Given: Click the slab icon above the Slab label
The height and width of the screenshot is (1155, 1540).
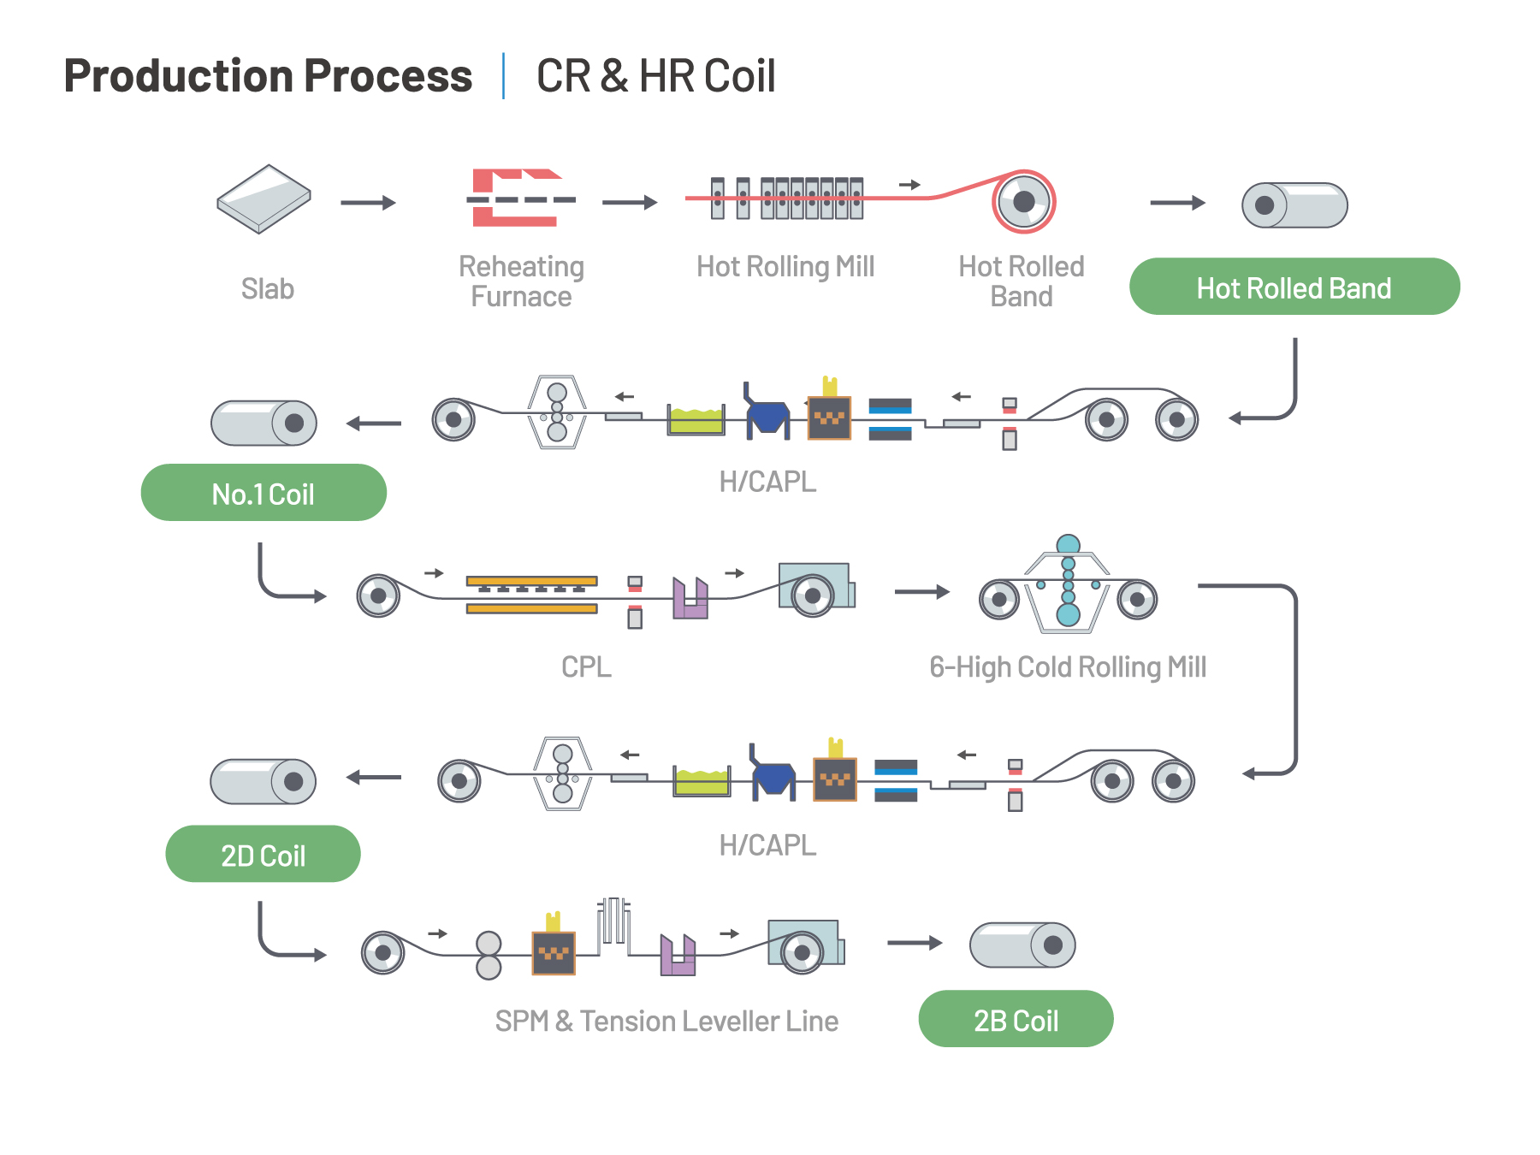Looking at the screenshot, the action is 264,199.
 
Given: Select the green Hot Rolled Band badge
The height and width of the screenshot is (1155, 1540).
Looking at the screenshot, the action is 1294,287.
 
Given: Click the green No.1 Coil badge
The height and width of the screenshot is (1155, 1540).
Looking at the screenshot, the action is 264,493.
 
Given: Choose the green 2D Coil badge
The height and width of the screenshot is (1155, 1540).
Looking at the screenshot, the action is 263,854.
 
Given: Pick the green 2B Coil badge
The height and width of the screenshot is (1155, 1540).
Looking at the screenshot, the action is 1016,1019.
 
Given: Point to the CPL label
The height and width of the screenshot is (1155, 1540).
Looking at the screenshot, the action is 586,666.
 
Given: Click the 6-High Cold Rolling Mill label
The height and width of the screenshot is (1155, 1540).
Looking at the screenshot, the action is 1068,666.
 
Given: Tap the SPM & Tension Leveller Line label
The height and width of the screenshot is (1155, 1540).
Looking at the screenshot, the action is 666,1021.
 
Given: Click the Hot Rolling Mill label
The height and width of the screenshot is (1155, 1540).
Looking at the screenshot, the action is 785,266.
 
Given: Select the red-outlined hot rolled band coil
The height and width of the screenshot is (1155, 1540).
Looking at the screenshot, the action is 1023,202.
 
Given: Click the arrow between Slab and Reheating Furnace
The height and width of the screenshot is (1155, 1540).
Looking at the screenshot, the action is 368,203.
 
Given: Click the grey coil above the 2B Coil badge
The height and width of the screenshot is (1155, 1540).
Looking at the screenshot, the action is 1022,945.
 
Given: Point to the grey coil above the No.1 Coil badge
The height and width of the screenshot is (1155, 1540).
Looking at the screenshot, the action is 264,423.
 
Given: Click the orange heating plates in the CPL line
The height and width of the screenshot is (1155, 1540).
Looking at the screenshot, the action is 531,595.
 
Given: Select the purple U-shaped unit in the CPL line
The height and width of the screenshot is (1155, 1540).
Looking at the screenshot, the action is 690,598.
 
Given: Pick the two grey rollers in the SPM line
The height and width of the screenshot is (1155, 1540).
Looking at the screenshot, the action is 489,955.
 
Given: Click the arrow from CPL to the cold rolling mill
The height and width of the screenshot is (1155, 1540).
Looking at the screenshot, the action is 922,591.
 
